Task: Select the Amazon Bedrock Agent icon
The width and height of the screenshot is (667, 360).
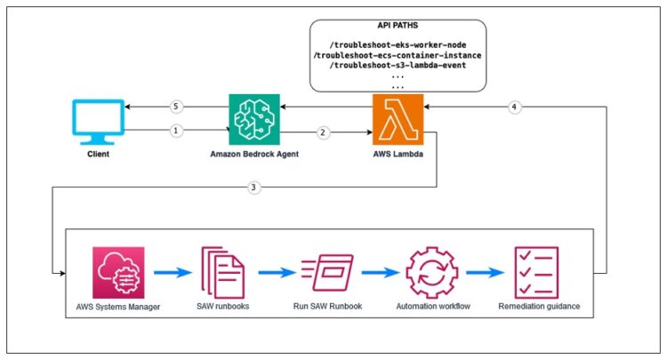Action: point(253,120)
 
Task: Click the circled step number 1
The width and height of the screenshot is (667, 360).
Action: point(176,131)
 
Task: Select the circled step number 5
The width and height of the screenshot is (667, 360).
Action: point(176,108)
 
